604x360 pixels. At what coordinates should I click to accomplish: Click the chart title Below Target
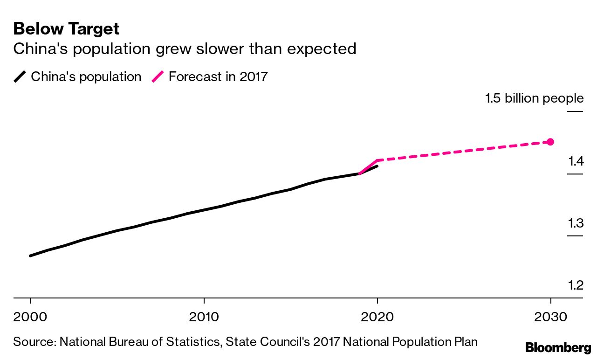coord(66,29)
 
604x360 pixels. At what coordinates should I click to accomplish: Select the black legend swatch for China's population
coord(20,76)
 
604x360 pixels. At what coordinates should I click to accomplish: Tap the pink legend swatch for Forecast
coord(158,76)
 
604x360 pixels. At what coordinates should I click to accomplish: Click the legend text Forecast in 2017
coord(218,76)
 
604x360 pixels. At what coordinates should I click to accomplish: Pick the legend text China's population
coord(86,76)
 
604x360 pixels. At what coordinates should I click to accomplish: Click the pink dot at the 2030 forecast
coord(550,142)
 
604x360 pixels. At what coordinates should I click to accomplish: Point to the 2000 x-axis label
coord(30,317)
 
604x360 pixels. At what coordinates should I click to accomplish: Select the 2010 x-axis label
coord(204,317)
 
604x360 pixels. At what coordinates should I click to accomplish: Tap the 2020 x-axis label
coord(377,317)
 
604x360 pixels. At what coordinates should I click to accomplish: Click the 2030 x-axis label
coord(550,317)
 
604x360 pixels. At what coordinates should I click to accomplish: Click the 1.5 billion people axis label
coord(534,98)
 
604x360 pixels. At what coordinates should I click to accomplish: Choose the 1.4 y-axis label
coord(575,162)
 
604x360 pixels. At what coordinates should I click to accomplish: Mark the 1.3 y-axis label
coord(575,223)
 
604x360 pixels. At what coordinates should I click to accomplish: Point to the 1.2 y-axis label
coord(575,285)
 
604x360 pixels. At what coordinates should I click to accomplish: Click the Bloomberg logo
coord(558,347)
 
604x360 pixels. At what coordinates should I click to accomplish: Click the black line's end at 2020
coord(377,166)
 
